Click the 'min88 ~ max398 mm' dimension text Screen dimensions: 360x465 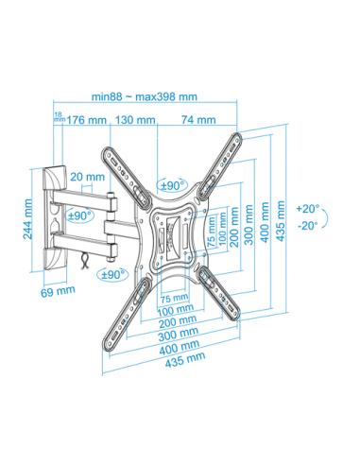point(145,96)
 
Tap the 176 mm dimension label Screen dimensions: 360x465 point(87,120)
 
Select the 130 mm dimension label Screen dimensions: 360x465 point(135,120)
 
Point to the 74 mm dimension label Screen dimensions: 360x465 point(198,120)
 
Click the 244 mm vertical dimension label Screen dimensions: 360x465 point(28,219)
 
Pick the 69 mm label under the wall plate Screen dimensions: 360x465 point(58,291)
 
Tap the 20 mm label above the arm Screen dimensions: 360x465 point(87,177)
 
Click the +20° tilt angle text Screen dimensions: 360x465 point(308,209)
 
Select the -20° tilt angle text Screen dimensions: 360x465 point(308,225)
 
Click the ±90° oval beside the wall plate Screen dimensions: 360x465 point(80,215)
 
